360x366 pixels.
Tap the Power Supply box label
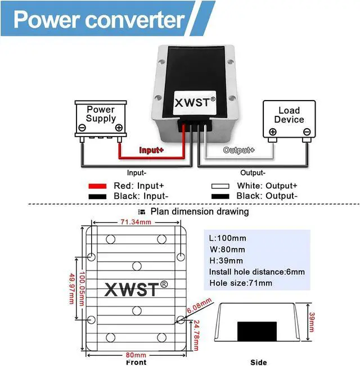point(101,114)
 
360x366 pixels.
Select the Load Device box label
point(289,115)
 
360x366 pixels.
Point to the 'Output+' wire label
point(238,150)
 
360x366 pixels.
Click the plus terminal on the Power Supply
point(119,128)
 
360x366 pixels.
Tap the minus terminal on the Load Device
point(306,132)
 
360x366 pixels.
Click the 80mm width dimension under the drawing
point(136,355)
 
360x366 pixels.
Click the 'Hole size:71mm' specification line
point(240,283)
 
